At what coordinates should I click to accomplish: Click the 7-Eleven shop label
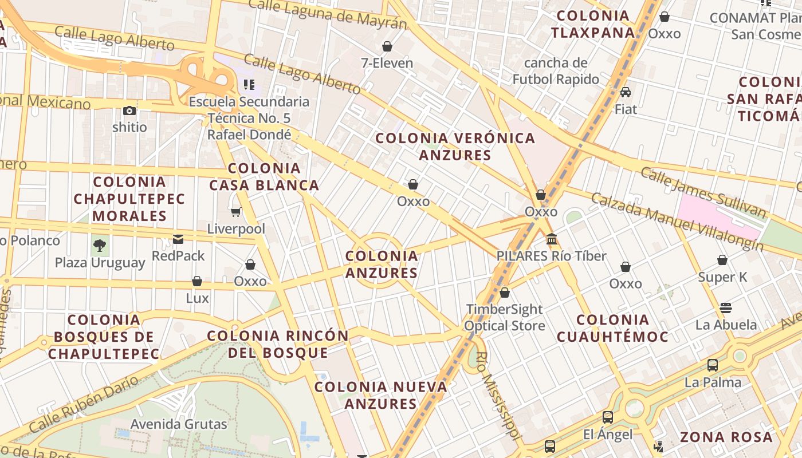point(387,62)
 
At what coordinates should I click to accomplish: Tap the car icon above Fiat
point(626,92)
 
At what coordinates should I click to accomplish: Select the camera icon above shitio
point(129,110)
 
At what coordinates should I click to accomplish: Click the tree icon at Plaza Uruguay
point(100,246)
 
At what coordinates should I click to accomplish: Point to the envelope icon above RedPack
point(178,239)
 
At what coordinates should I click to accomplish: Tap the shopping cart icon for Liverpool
point(235,212)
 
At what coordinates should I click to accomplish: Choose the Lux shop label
point(197,298)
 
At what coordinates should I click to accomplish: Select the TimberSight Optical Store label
point(504,317)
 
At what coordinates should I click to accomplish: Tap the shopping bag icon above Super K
point(722,260)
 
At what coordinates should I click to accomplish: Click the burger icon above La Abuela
point(726,308)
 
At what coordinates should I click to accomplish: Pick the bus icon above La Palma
point(713,365)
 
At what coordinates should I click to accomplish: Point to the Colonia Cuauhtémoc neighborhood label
point(612,328)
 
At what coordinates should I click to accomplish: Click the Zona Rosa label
point(726,437)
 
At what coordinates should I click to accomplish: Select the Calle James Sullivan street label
point(703,192)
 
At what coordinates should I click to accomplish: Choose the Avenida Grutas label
point(179,424)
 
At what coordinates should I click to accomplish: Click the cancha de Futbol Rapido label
point(556,71)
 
